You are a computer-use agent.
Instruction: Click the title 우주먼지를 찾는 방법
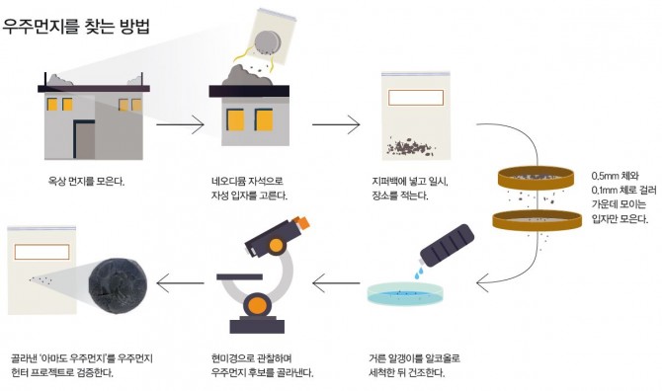pos(76,27)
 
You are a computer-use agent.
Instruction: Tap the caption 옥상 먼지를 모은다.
pos(86,182)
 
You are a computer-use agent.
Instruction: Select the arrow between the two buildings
pos(180,124)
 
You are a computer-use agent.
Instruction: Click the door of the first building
pos(84,140)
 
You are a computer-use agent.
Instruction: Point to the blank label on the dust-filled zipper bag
pos(416,98)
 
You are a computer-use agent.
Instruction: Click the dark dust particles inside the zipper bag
pos(410,147)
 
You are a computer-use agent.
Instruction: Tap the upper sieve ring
pos(536,178)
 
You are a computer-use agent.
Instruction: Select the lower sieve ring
pos(538,220)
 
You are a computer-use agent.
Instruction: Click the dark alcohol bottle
pos(448,246)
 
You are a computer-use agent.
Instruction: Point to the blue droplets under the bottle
pos(418,272)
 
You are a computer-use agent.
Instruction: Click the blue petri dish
pos(406,294)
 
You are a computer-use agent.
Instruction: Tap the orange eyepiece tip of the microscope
pos(302,222)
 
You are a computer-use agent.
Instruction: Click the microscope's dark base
pos(257,325)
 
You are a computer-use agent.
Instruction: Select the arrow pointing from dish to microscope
pos(336,283)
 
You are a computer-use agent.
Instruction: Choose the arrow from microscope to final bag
pos(180,283)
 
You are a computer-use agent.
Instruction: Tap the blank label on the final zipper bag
pos(41,252)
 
